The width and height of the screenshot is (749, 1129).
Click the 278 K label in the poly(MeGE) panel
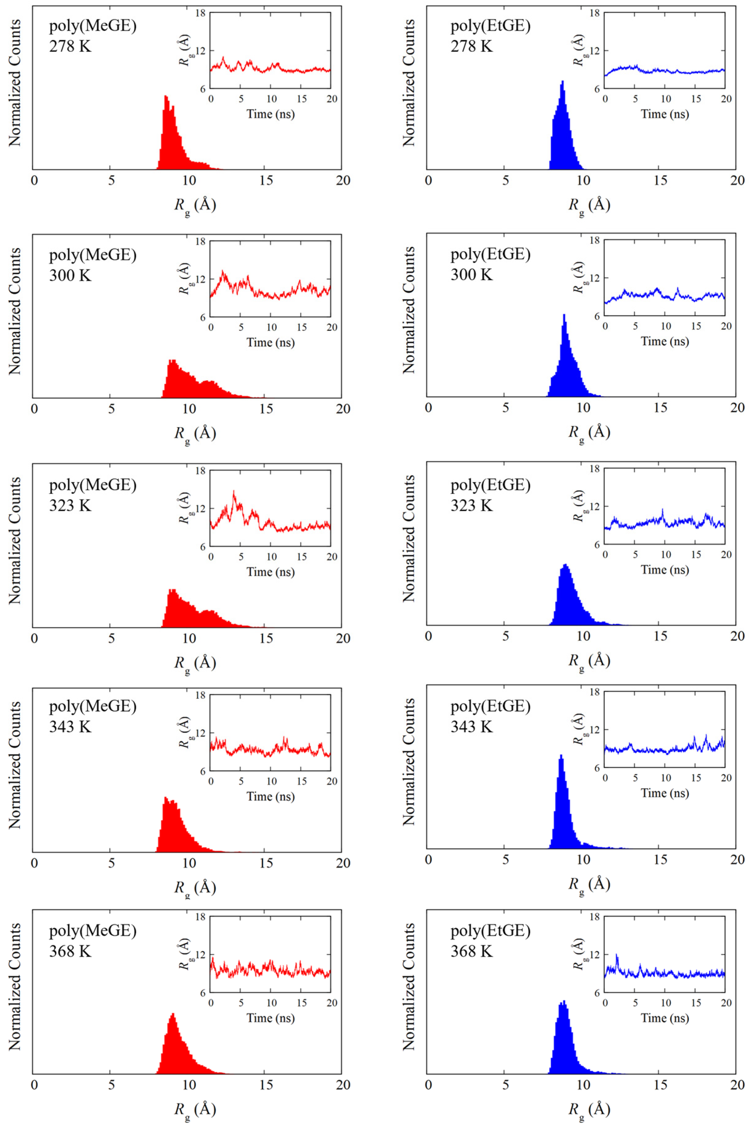pos(70,46)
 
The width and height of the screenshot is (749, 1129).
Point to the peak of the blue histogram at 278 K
pos(563,81)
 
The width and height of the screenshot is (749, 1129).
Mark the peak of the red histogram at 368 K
pos(173,1014)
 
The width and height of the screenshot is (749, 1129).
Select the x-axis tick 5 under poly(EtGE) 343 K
pos(505,860)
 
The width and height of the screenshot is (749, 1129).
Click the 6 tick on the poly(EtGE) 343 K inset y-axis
pos(595,768)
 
